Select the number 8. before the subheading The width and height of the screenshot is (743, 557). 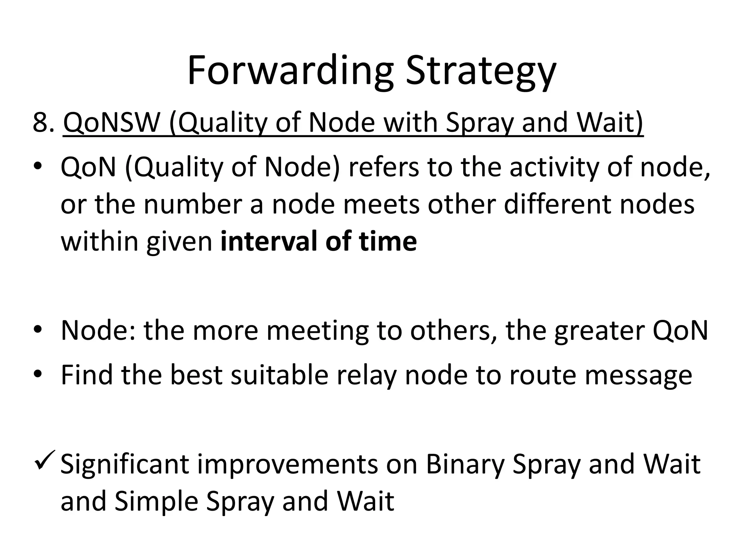44,123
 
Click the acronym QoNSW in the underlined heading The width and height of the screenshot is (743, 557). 112,123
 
